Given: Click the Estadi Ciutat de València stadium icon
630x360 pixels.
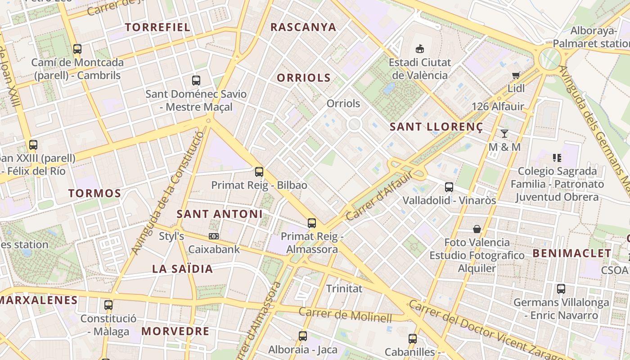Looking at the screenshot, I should [419, 49].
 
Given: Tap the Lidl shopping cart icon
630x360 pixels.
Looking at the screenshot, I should [516, 75].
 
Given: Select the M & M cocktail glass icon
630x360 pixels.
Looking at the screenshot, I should [504, 134].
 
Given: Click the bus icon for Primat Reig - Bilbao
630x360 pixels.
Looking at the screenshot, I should [259, 171].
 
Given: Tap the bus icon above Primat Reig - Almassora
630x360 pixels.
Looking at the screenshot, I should [311, 223].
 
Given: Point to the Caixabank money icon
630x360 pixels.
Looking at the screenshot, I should [214, 236].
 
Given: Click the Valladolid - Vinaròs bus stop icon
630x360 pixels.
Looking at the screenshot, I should [449, 187].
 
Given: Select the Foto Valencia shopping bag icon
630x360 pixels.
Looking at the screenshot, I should [477, 229].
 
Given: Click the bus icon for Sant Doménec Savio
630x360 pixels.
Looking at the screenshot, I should [196, 81].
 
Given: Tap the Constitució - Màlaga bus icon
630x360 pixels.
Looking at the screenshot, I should [108, 305].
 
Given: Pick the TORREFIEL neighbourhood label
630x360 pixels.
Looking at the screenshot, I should [157, 27].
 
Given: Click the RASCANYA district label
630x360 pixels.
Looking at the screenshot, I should [303, 27].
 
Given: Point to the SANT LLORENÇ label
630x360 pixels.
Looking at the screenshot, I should [436, 127].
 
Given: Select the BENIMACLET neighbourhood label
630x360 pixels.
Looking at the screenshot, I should [572, 253].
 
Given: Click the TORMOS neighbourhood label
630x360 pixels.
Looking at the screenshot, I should [94, 193].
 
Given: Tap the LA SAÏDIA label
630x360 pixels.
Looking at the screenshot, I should [182, 269].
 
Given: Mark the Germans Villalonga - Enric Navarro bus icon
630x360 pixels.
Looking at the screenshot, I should [561, 289].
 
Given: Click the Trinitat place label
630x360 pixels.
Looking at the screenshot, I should [344, 288].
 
